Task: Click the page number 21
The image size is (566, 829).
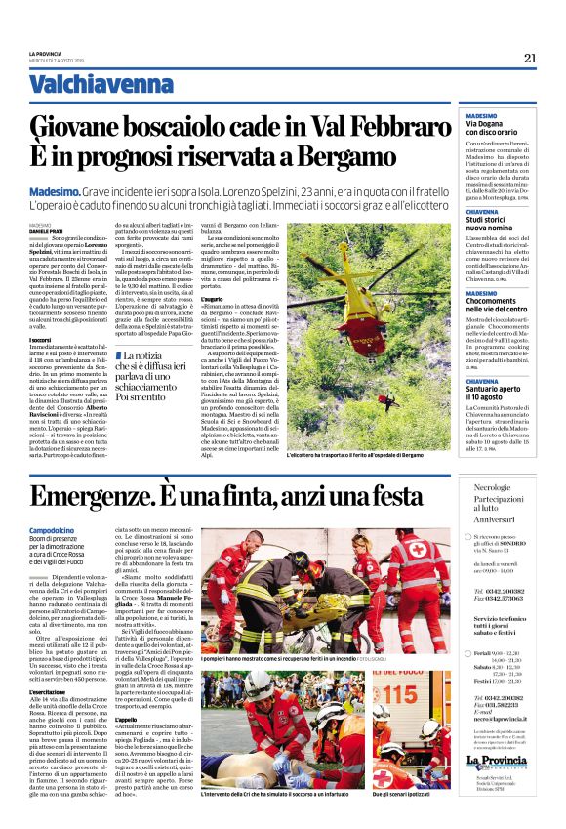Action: [530, 58]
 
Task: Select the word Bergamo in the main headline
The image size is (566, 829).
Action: [332, 156]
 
